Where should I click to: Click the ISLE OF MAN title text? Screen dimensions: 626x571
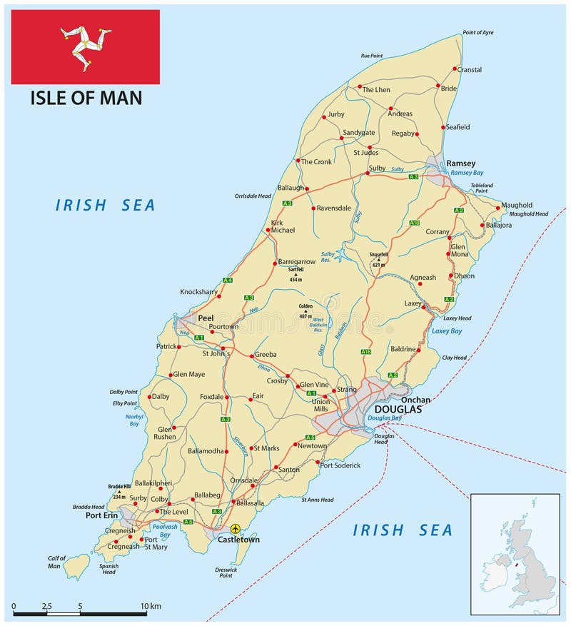[86, 98]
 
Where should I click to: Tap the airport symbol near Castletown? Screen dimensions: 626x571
[235, 528]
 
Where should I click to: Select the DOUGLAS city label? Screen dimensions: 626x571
[398, 410]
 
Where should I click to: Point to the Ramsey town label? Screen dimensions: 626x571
[460, 163]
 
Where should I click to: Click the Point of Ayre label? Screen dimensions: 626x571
[477, 33]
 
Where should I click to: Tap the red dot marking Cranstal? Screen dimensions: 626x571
[455, 69]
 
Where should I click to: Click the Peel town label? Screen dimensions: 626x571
[206, 318]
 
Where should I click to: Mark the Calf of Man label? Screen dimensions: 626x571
[56, 562]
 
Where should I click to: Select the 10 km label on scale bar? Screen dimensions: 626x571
[151, 606]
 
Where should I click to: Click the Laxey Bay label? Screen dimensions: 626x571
[447, 331]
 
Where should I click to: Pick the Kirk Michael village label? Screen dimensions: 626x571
[283, 226]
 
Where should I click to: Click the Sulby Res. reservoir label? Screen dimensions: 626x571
[328, 257]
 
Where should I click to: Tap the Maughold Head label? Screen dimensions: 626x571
[529, 213]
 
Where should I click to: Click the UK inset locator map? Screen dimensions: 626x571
[515, 554]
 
